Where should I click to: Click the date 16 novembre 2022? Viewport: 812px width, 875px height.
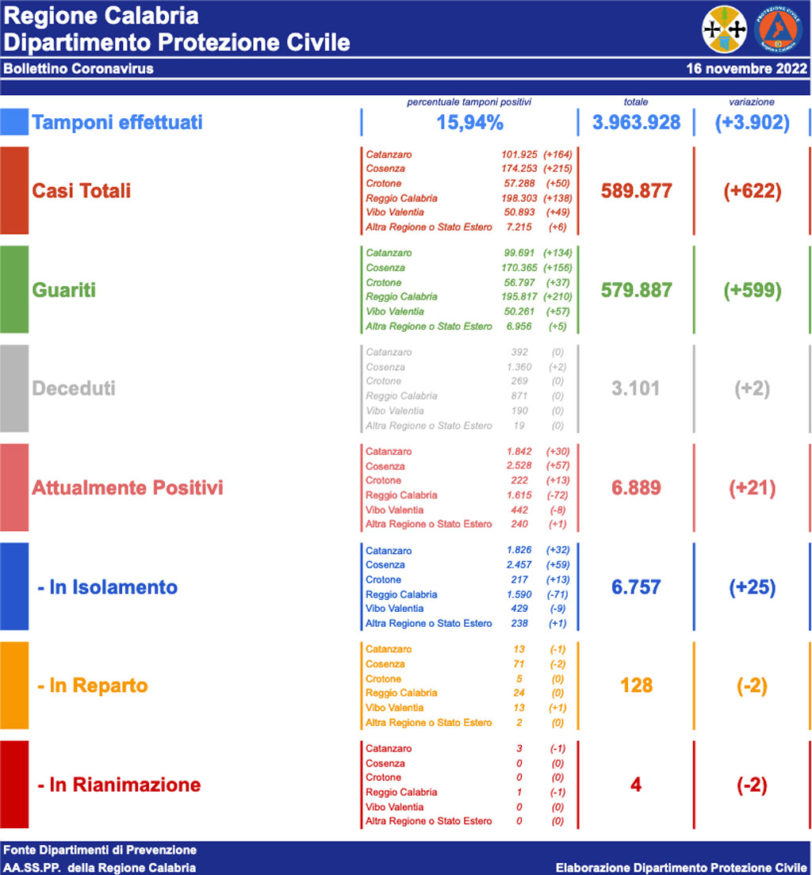(x=746, y=69)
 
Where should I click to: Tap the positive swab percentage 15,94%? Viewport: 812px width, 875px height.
(x=469, y=123)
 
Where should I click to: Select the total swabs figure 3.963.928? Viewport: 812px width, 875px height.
(x=636, y=123)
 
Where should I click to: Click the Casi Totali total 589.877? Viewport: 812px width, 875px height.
(x=636, y=191)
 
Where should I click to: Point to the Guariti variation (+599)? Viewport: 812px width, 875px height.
(x=752, y=290)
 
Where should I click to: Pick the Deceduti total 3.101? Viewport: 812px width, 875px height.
(x=636, y=389)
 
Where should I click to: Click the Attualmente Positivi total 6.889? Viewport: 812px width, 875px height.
(x=636, y=488)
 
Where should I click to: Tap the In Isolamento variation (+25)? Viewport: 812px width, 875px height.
(x=752, y=587)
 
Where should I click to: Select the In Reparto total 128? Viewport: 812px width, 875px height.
(x=636, y=686)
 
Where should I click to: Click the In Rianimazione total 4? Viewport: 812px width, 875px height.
(x=636, y=785)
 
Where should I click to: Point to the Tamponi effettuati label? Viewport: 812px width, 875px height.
(x=117, y=123)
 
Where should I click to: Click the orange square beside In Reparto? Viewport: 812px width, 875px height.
(x=14, y=686)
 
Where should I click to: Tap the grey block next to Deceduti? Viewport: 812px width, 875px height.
(x=14, y=388)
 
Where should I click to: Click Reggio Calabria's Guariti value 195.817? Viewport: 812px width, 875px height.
(x=519, y=296)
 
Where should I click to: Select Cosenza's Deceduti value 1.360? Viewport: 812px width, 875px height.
(x=519, y=367)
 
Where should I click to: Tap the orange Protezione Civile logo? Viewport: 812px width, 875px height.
(x=780, y=29)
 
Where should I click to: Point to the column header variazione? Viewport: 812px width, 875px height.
(x=752, y=102)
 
